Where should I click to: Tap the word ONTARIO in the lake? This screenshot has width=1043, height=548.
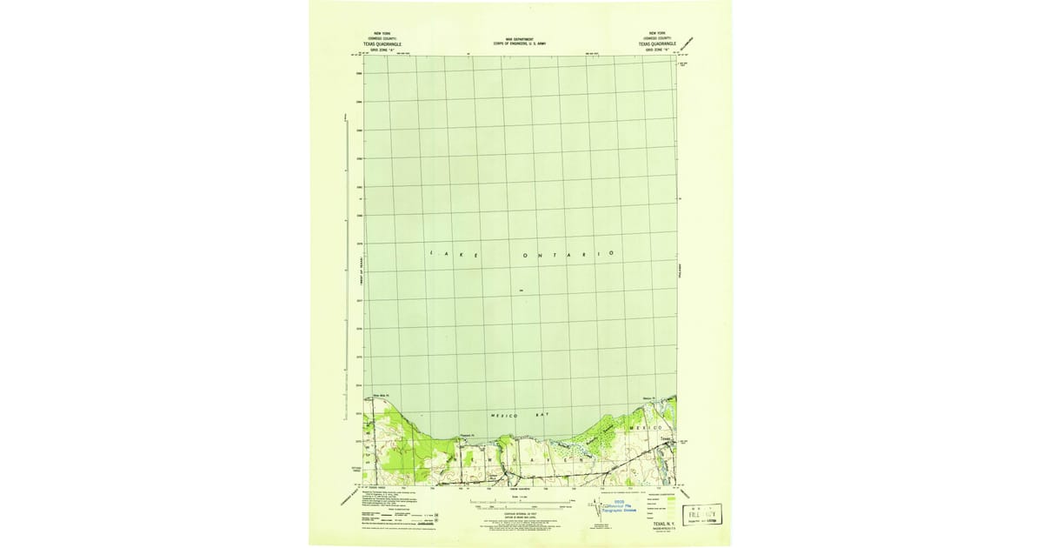click(x=568, y=254)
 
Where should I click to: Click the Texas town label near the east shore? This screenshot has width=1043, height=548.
click(x=666, y=438)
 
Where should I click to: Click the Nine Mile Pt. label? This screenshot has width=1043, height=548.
click(x=383, y=398)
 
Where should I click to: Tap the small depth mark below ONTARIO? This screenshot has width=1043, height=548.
click(x=521, y=290)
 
